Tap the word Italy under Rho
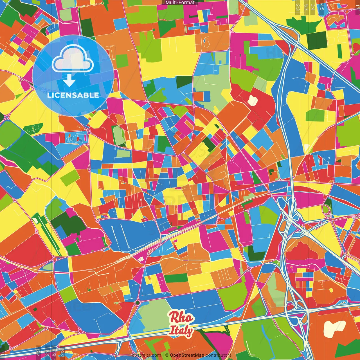[181, 330]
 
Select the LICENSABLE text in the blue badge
[73, 95]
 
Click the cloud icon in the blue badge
[73, 59]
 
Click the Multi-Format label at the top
[180, 3]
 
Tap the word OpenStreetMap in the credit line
[187, 355]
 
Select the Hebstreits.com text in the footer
[145, 355]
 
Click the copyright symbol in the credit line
[167, 355]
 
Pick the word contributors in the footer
[218, 355]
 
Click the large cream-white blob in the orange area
[334, 328]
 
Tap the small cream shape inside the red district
[253, 100]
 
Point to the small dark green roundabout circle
[137, 302]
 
